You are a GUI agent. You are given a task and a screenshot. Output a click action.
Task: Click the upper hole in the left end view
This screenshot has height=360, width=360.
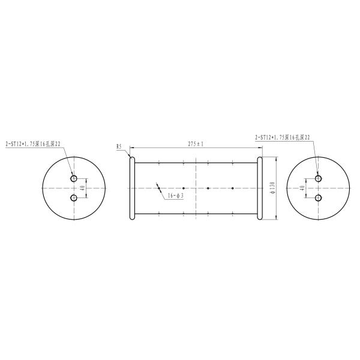[74, 179]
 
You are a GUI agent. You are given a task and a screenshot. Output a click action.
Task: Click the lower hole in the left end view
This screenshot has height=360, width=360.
[74, 197]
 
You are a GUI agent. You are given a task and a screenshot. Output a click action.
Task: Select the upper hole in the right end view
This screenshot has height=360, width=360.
[318, 179]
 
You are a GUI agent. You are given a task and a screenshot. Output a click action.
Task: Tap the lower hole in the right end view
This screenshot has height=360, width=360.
[318, 197]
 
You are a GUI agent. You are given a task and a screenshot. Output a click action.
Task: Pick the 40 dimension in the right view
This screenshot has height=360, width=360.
[302, 188]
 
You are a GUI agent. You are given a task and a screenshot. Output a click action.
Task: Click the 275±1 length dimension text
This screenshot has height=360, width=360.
[196, 144]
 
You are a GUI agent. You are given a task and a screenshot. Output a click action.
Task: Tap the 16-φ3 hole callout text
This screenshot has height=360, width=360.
[175, 196]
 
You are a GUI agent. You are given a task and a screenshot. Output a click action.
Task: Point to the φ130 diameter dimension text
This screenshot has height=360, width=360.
[273, 188]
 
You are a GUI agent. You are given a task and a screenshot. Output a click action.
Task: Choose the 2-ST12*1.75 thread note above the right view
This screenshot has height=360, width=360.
[282, 137]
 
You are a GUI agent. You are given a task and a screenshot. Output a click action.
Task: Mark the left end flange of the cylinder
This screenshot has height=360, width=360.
[132, 188]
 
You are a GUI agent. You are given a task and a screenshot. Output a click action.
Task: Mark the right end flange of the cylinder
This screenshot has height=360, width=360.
[260, 188]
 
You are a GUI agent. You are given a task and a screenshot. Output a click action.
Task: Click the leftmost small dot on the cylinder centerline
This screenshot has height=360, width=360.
[184, 188]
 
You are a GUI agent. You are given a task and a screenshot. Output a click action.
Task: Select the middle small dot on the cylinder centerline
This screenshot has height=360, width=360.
[208, 188]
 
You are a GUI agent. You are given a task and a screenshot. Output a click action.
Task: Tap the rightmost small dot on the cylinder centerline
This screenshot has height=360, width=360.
[232, 188]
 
